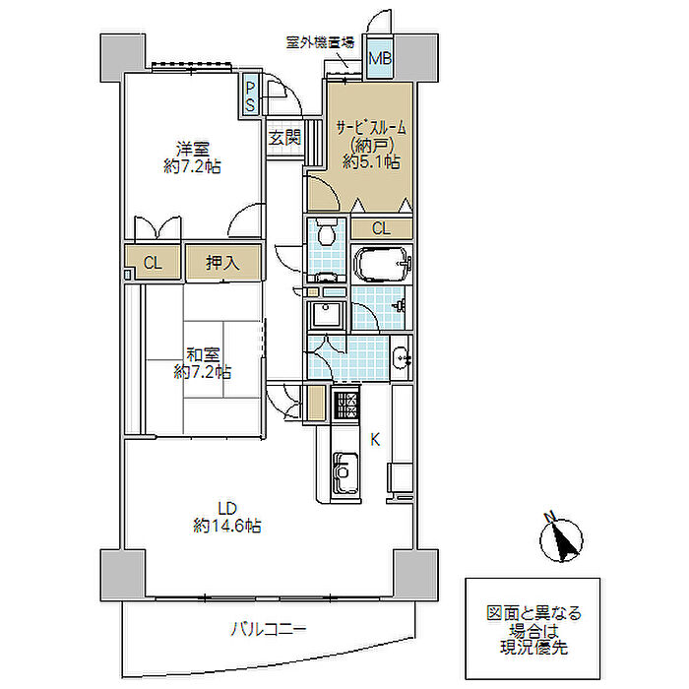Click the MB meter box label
(380, 58)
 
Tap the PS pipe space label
(250, 96)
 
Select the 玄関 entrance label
(284, 138)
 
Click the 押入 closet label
(222, 263)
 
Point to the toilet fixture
(327, 232)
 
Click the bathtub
(381, 264)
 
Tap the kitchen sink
(345, 472)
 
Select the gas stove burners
(345, 405)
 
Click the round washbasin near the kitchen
(402, 356)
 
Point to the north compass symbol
(561, 537)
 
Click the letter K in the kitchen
(375, 439)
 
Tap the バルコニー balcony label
(268, 629)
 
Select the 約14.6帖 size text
(227, 526)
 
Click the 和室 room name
(203, 354)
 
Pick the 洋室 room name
(193, 149)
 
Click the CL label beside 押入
(153, 263)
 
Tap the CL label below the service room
(381, 228)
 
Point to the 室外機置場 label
(320, 42)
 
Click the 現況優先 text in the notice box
(533, 648)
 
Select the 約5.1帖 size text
(371, 161)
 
